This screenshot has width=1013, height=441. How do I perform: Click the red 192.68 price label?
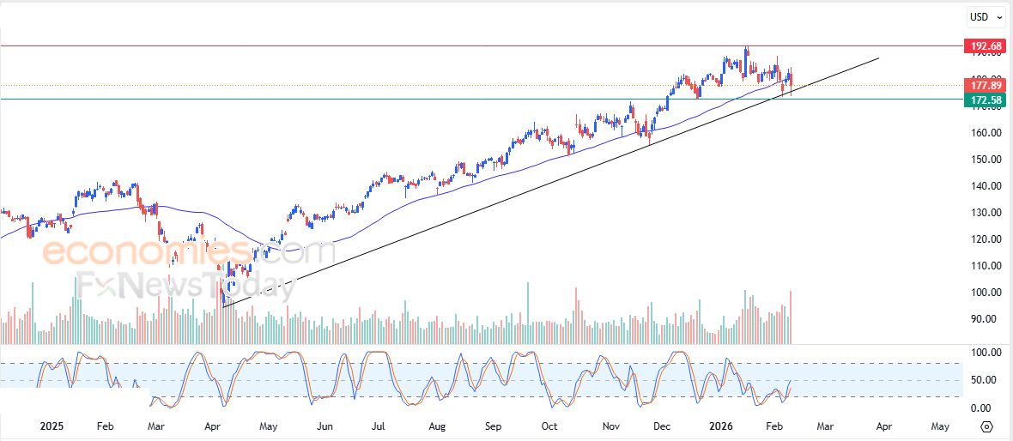[x=985, y=45]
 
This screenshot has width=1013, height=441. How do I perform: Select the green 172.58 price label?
[x=985, y=100]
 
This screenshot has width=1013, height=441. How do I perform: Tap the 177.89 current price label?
[x=985, y=86]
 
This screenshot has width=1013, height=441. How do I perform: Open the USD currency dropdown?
[x=986, y=16]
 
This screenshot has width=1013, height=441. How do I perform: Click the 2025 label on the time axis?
[x=52, y=426]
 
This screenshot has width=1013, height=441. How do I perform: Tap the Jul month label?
[x=379, y=426]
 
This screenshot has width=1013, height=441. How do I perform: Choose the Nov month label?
[x=610, y=426]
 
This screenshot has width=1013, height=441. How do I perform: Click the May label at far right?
[x=940, y=426]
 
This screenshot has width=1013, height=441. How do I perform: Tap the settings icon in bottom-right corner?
[x=986, y=426]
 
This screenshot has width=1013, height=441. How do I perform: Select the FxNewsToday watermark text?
[x=185, y=285]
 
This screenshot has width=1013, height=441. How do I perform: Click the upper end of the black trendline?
[x=879, y=58]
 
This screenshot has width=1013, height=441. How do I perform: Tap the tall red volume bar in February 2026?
[x=789, y=317]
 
